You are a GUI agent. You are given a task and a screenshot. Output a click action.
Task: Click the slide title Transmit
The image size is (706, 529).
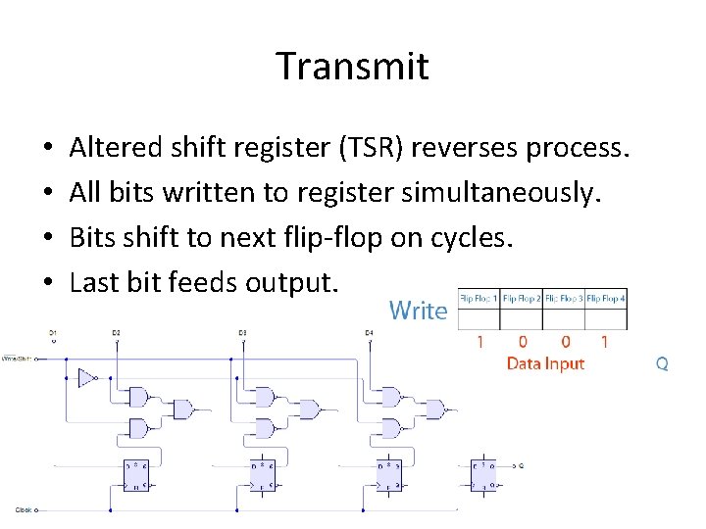[x=352, y=67]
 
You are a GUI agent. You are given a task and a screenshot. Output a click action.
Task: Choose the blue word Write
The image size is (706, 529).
[x=419, y=311]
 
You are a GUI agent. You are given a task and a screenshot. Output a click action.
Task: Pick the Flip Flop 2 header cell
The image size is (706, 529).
[x=522, y=299]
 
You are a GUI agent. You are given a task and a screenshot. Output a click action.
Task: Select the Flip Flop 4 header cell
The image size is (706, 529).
[x=606, y=299]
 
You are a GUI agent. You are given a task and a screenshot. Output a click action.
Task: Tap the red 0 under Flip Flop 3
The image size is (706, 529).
[x=564, y=342]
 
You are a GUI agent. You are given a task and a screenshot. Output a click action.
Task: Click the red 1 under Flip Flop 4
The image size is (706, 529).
[x=605, y=342]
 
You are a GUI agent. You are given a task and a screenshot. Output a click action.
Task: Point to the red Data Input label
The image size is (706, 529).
[x=545, y=363]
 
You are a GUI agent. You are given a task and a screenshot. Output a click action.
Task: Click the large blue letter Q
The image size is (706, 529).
[x=662, y=363]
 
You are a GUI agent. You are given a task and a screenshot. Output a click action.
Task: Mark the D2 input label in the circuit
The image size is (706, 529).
[x=116, y=334]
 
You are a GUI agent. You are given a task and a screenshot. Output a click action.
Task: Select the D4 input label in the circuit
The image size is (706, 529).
[x=369, y=334]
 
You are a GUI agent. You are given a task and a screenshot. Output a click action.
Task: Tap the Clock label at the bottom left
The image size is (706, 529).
[x=24, y=509]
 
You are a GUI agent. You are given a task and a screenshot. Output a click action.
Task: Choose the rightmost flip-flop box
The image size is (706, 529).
[x=482, y=474]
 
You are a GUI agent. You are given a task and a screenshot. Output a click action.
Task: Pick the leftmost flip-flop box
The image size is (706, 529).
[x=136, y=474]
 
